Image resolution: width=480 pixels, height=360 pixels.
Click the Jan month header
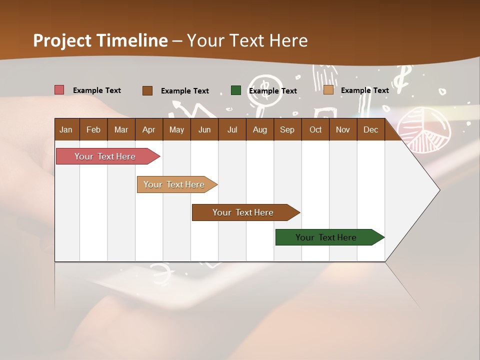click(66, 129)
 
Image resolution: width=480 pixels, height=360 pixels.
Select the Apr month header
click(148, 129)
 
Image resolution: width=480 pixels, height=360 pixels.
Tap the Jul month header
click(232, 129)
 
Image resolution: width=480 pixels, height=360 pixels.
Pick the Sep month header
click(287, 129)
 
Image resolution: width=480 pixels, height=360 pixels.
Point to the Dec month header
click(370, 129)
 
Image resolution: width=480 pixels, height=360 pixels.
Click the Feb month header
click(93, 129)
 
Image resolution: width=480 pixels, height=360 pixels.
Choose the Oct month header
click(315, 129)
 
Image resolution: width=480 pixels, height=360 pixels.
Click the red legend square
click(59, 90)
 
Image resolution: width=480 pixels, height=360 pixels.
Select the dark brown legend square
click(147, 90)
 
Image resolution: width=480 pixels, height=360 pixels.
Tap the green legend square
click(236, 90)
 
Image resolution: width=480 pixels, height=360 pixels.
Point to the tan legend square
click(328, 90)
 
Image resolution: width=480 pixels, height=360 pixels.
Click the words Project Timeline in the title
click(100, 40)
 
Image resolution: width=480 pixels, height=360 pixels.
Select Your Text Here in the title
click(247, 40)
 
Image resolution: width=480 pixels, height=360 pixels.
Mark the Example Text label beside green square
click(273, 91)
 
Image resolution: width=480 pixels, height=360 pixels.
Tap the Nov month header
click(343, 129)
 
